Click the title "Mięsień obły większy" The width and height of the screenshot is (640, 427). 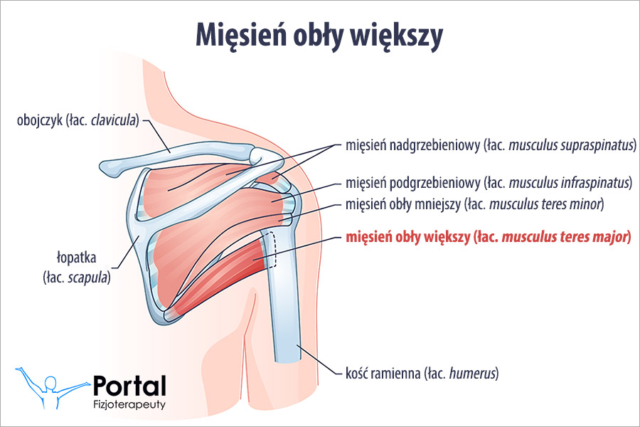(319, 35)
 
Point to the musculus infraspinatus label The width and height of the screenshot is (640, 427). (489, 184)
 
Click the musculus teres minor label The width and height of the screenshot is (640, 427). (474, 205)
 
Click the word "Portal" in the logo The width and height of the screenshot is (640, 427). (129, 386)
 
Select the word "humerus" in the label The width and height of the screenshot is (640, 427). (472, 372)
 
